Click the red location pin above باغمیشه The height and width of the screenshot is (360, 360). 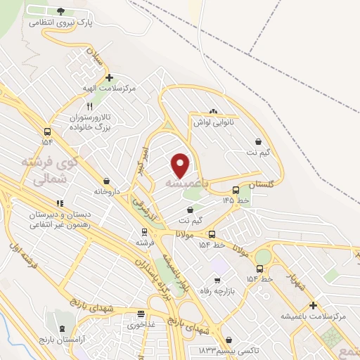tap(181, 165)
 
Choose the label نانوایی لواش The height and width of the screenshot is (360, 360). tap(214, 122)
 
